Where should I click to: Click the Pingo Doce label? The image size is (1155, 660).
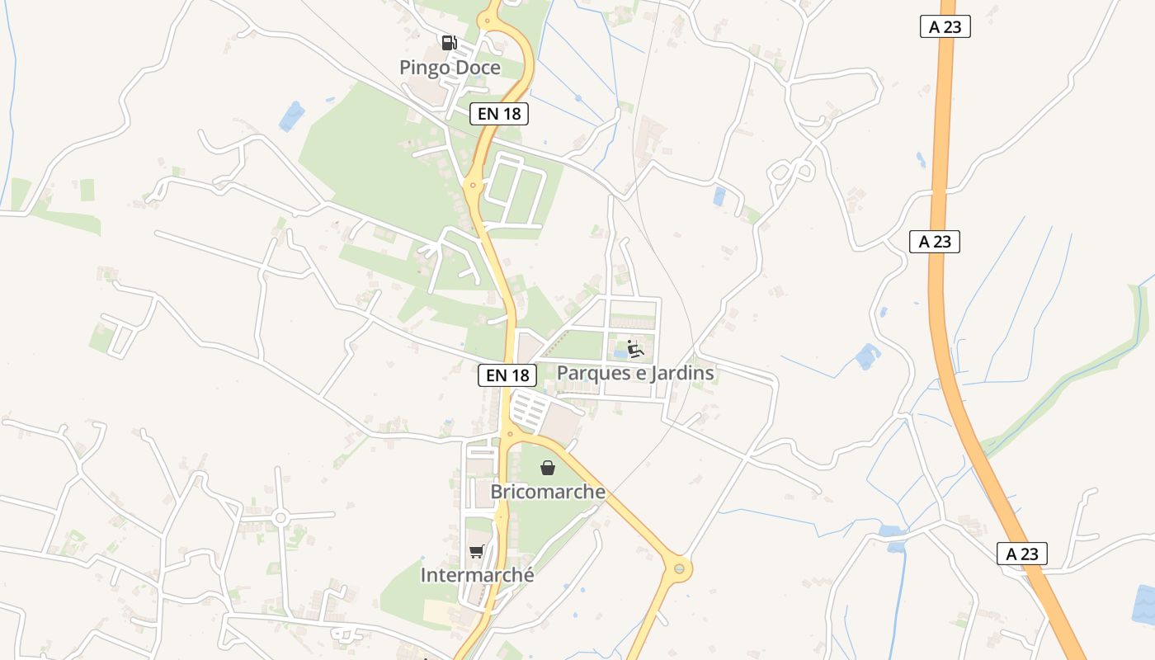[450, 68]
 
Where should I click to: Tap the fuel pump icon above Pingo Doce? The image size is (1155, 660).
[449, 43]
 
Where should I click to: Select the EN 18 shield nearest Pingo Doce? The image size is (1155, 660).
[499, 114]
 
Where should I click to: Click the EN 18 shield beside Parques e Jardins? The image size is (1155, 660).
[507, 375]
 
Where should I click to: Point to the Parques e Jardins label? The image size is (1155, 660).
[635, 373]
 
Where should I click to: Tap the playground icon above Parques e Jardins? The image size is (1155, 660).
[634, 349]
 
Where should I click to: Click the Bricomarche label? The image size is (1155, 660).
[548, 493]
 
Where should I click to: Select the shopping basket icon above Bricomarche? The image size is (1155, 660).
[548, 469]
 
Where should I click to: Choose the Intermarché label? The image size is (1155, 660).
[477, 575]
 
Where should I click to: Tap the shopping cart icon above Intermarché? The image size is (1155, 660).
[476, 552]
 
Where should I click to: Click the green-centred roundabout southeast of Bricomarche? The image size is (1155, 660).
[679, 568]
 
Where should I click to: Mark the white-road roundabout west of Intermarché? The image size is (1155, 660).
[280, 518]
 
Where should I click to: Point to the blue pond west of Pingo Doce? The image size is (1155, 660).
[291, 116]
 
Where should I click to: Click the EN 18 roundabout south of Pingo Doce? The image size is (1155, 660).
[473, 185]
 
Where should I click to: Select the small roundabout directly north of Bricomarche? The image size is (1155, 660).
[510, 432]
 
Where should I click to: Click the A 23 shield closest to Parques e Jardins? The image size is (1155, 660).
[935, 242]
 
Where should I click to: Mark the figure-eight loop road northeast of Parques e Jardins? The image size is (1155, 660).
[791, 172]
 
